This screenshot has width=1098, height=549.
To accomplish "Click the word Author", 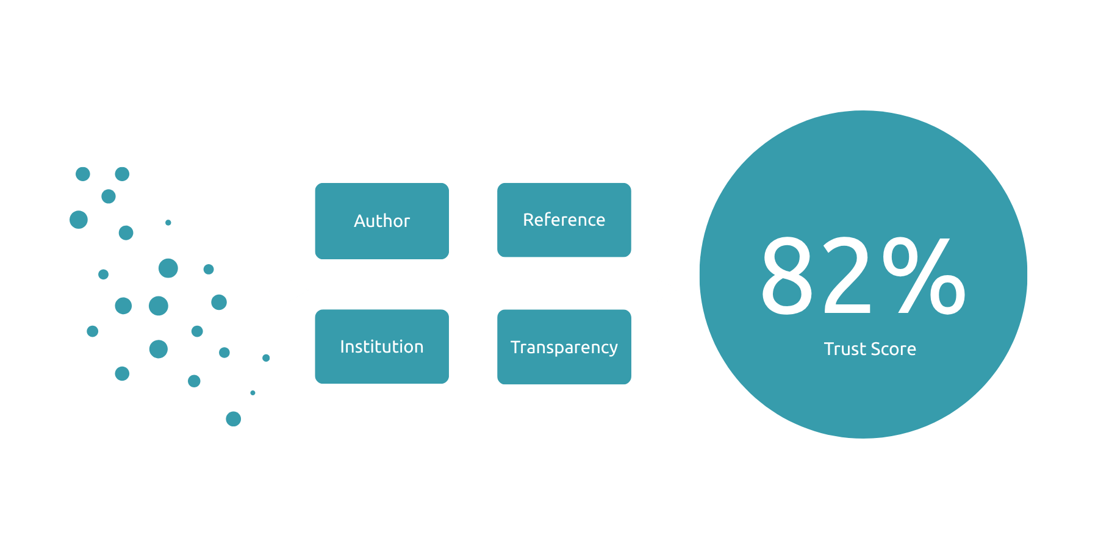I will (382, 221).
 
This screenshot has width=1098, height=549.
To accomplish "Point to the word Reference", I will (564, 220).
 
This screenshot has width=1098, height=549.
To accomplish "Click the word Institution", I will (382, 346).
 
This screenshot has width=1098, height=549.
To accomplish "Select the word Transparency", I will (564, 347).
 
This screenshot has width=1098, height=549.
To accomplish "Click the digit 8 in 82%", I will (787, 276).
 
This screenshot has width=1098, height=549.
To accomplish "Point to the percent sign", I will (924, 276).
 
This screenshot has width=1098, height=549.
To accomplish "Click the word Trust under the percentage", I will (841, 349).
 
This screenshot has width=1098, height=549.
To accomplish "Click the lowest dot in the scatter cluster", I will (233, 419).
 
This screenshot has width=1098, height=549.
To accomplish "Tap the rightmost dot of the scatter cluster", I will (266, 358).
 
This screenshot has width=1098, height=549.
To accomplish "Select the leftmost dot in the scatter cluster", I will (79, 220).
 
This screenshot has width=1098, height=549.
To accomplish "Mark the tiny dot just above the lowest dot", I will (253, 393).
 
